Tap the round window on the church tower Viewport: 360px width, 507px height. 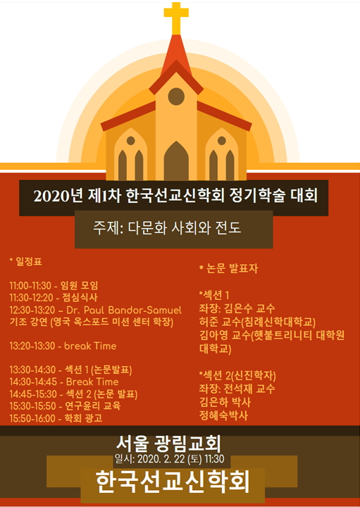(x=176, y=96)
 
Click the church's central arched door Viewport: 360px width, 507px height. (x=176, y=161)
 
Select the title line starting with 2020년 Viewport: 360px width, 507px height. (x=175, y=196)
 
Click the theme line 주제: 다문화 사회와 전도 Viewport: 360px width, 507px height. (x=167, y=227)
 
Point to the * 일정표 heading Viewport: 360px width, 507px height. (x=25, y=261)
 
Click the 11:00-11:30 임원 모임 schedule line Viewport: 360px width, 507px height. (x=54, y=285)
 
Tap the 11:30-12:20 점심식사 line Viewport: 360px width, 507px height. (x=54, y=297)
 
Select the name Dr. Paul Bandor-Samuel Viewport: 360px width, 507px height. (x=124, y=310)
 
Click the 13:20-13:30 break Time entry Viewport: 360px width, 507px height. (x=63, y=346)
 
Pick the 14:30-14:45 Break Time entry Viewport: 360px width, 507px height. (x=63, y=382)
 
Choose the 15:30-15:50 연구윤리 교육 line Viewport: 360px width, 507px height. (x=65, y=406)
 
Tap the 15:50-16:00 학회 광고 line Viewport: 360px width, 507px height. (x=56, y=418)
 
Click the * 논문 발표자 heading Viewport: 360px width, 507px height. (x=229, y=268)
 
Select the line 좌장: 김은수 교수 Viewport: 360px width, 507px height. (x=237, y=308)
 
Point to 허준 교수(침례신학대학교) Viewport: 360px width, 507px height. (x=257, y=322)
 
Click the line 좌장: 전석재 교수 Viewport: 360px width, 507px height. (x=237, y=388)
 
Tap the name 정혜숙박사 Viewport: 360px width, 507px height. (x=224, y=415)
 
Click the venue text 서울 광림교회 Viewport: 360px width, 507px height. (x=168, y=444)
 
